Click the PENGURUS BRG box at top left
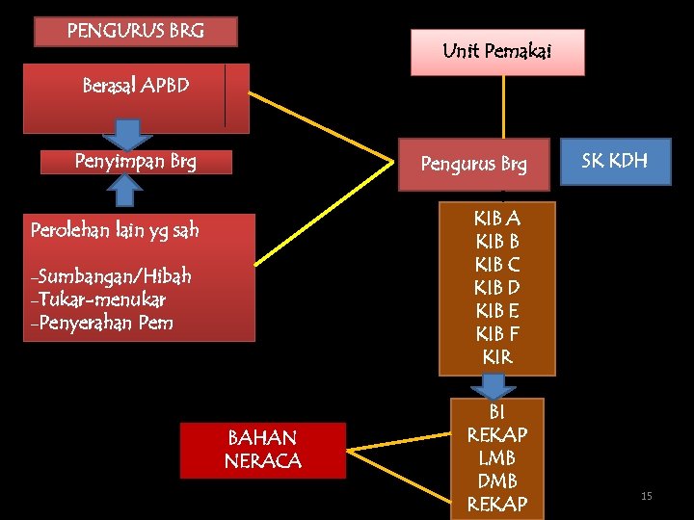coord(136,31)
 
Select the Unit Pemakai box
coord(497,52)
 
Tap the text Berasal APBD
coord(136,86)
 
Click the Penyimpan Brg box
coord(136,161)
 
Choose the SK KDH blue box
coord(616,161)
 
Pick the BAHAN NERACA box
coord(262,450)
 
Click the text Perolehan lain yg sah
coord(115,230)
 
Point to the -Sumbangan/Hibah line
coord(111,276)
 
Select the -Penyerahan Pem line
coord(102,323)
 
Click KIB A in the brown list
coord(497,219)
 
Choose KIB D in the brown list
coord(497,288)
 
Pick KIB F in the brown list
coord(497,334)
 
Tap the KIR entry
coord(497,357)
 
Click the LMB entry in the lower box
coord(497,457)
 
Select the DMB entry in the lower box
coord(497,481)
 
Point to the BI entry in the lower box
coord(497,412)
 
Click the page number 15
coord(647,496)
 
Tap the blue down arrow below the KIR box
coord(497,386)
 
